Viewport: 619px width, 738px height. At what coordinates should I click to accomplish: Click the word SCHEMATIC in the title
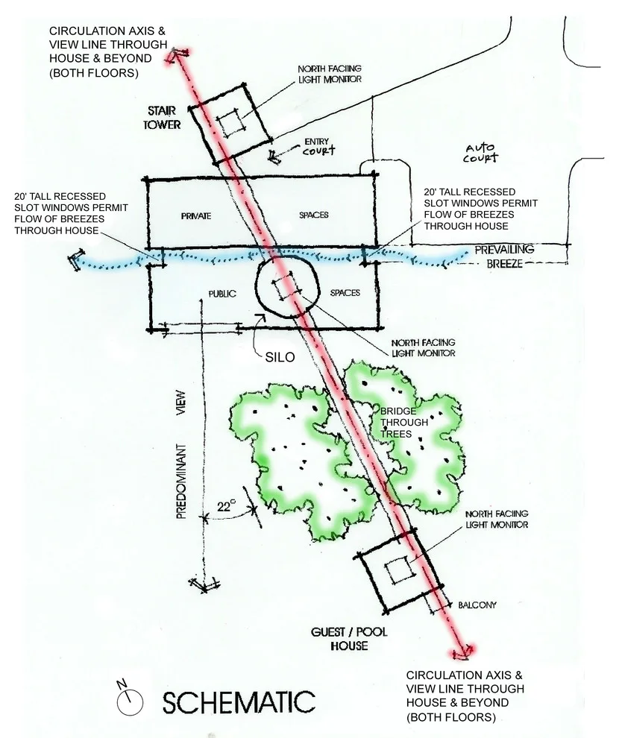pos(239,703)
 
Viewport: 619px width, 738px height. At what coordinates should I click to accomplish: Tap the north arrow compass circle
pos(130,703)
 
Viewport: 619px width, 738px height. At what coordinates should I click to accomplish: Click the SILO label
pos(280,357)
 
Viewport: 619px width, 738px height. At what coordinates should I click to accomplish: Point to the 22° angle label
pos(226,507)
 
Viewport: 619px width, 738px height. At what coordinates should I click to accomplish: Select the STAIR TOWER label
pos(162,118)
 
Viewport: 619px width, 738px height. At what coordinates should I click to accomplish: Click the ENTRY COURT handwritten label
pos(318,146)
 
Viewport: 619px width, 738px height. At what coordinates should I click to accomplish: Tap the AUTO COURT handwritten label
pos(480,153)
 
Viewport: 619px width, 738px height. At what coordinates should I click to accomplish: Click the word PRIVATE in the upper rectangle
pos(196,216)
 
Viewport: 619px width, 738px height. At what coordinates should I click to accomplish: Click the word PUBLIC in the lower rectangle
pos(222,294)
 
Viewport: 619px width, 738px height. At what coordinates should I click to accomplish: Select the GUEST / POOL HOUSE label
pos(349,639)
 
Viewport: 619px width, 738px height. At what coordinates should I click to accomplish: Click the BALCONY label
pos(477,605)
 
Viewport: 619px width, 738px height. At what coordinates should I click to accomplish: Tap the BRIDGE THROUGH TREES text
pos(404,422)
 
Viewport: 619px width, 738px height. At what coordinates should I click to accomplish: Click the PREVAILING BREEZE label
pos(504,256)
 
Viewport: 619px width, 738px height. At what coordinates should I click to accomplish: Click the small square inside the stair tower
pos(231,123)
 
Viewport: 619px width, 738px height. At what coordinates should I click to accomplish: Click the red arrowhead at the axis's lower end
pos(463,652)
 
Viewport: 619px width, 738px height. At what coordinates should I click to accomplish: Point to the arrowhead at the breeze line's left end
pos(74,259)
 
